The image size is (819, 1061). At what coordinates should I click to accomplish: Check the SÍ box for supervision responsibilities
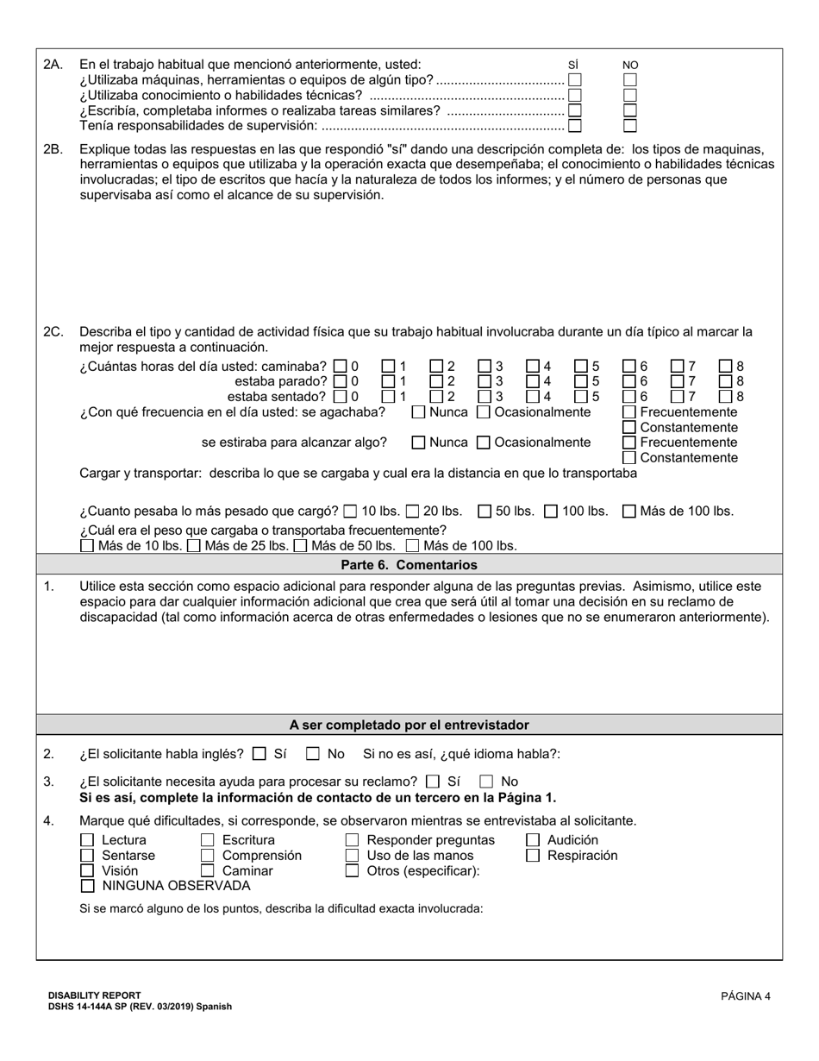(575, 126)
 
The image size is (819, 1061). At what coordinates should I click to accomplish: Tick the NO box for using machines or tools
(630, 79)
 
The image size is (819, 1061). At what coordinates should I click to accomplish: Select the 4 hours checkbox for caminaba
(533, 366)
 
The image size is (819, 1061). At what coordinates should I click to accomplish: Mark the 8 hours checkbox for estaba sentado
(726, 397)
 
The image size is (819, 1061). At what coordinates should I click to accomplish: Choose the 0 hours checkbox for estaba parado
(340, 381)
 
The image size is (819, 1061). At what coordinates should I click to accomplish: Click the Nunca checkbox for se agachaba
(418, 412)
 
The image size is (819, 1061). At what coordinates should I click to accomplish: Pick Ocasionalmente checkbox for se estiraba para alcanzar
(484, 443)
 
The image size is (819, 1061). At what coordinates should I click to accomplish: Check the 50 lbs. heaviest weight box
(485, 511)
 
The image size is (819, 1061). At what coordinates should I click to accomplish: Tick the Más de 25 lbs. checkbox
(194, 545)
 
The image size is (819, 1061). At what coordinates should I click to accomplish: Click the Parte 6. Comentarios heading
(409, 565)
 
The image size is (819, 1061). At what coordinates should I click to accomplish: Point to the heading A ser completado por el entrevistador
(409, 725)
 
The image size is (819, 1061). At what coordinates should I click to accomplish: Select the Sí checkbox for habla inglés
(259, 754)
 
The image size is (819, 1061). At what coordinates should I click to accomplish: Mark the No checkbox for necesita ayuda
(487, 782)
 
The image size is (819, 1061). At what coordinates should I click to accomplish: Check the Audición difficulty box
(533, 840)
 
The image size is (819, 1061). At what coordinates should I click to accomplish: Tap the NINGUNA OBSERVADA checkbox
(87, 886)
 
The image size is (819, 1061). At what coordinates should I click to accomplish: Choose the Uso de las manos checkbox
(352, 856)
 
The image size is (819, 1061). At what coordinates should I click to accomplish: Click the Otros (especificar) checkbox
(352, 871)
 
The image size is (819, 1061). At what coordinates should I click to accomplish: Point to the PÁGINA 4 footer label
(746, 996)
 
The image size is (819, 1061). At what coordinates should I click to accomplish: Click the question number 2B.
(53, 149)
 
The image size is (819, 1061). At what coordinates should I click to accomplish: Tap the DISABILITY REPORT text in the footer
(95, 995)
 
